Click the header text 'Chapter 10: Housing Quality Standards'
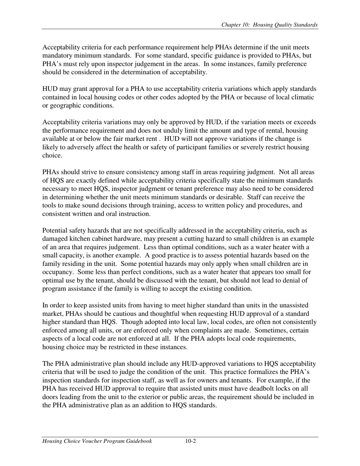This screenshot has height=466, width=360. (269, 25)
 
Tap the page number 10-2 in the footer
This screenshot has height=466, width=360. (190, 441)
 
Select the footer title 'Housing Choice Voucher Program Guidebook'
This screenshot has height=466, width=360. (97, 441)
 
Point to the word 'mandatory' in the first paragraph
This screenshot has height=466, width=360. (56, 56)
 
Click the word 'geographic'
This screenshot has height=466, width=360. (66, 106)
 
